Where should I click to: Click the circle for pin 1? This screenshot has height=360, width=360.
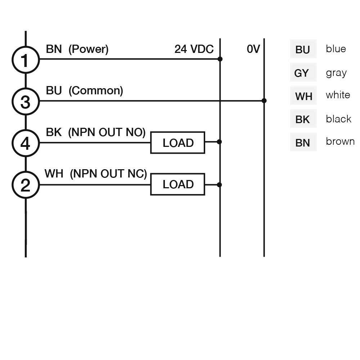click(x=25, y=60)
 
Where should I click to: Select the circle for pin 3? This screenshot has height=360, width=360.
click(x=25, y=102)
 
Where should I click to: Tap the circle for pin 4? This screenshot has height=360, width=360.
click(x=25, y=143)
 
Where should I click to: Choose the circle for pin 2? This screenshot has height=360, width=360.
click(x=25, y=185)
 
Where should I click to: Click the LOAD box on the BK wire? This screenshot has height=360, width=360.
click(x=177, y=143)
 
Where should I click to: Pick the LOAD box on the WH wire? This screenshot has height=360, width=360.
click(x=177, y=184)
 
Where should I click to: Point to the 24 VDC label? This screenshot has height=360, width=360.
click(x=194, y=49)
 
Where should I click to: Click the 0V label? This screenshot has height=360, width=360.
click(x=253, y=49)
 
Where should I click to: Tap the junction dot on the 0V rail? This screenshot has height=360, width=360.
click(x=264, y=101)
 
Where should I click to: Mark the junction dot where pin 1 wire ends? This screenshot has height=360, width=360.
click(x=220, y=59)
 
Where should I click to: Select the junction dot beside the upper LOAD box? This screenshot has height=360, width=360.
click(x=220, y=142)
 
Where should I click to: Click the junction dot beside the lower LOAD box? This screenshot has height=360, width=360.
click(x=220, y=185)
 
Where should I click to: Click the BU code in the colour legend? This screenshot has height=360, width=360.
click(x=303, y=50)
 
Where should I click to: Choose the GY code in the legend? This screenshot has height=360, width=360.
click(x=302, y=73)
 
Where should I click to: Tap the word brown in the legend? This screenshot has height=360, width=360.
click(x=340, y=141)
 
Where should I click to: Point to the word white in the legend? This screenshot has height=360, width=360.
click(x=338, y=95)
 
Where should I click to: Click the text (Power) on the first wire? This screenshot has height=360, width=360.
click(x=88, y=49)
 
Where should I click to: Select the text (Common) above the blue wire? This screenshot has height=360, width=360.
click(x=95, y=91)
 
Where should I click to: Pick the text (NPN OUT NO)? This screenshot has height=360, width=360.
click(x=107, y=132)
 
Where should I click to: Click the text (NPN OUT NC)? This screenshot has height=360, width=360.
click(x=108, y=174)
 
